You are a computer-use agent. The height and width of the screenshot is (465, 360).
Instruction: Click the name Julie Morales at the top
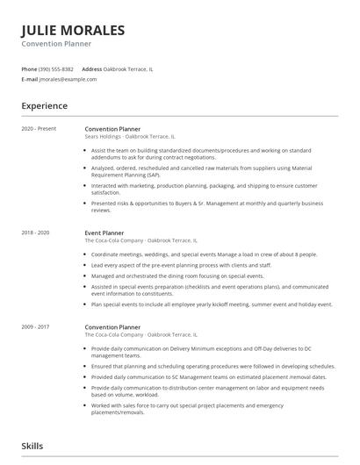[x=74, y=31]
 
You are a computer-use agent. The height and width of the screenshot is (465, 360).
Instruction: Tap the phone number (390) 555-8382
[x=56, y=68]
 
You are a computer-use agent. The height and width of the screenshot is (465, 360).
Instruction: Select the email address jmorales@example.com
[x=68, y=79]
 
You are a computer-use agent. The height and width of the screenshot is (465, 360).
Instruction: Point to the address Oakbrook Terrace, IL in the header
[x=128, y=68]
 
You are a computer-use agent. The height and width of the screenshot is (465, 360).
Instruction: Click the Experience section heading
[x=44, y=106]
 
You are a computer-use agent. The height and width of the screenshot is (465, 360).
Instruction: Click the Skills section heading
[x=32, y=446]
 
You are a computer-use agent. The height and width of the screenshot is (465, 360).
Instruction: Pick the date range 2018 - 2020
[x=35, y=232]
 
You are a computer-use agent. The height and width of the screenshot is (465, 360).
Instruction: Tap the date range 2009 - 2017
[x=35, y=326]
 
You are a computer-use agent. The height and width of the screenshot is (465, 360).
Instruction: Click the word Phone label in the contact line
[x=29, y=68]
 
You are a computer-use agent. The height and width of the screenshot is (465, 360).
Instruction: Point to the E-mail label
[x=29, y=79]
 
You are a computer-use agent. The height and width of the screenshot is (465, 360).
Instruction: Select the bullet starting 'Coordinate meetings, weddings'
[x=204, y=254]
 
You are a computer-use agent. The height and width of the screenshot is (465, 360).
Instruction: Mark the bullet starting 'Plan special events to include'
[x=211, y=304]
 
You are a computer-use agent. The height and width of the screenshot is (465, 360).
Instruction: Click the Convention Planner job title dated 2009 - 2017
[x=112, y=326]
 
